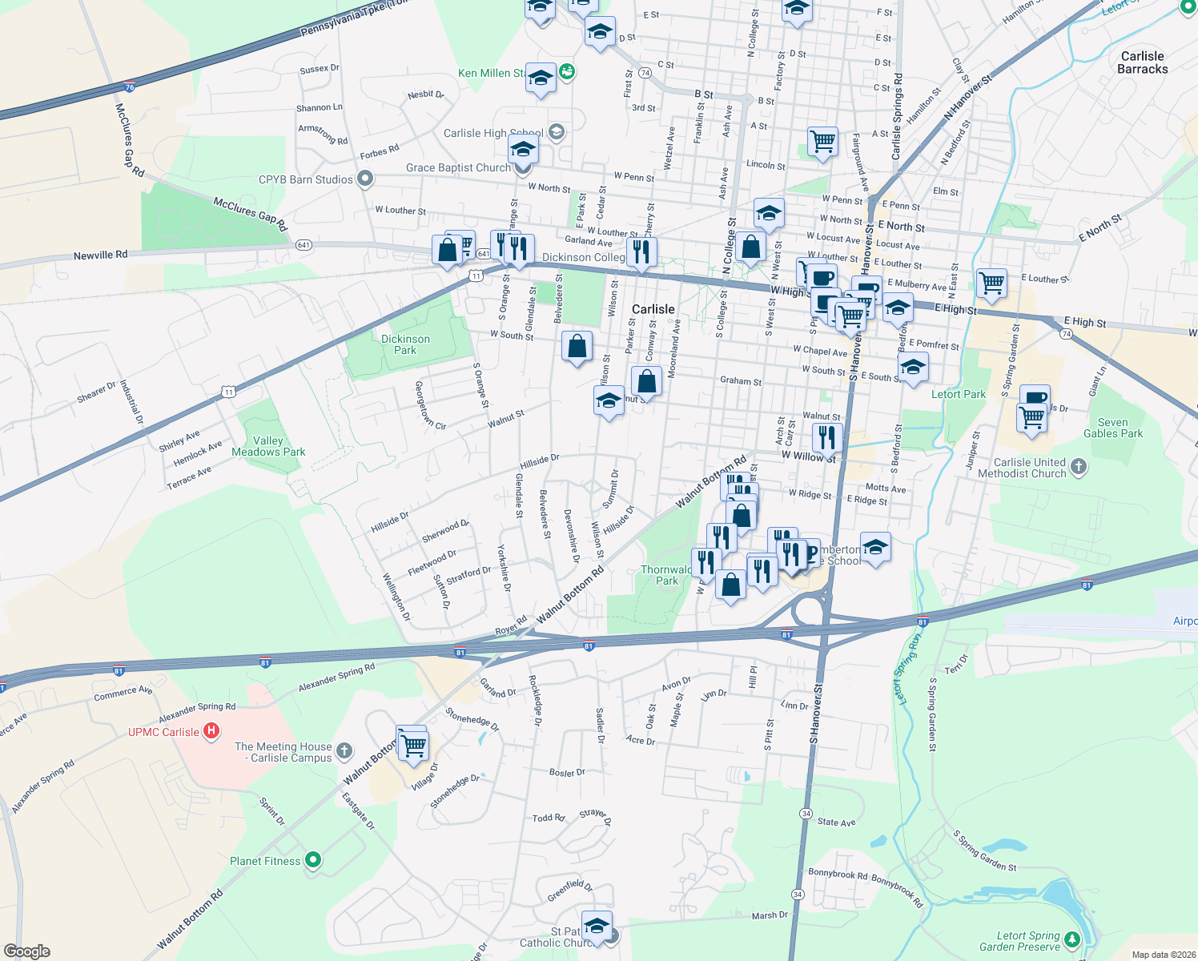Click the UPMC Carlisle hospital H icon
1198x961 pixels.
click(211, 730)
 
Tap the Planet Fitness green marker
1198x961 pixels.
click(313, 860)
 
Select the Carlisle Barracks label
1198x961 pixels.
click(1142, 62)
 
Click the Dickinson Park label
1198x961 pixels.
click(405, 344)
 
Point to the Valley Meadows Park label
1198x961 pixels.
click(268, 446)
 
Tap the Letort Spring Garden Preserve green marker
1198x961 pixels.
click(1072, 939)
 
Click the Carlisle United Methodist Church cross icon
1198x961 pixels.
click(1079, 466)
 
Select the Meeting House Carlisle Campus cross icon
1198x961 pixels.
click(344, 750)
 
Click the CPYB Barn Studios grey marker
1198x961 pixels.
click(365, 179)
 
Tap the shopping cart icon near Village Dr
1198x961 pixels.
click(413, 745)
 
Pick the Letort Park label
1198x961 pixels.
click(959, 394)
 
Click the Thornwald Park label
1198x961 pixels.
click(666, 575)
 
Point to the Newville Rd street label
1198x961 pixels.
click(100, 255)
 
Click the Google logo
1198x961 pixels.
click(27, 951)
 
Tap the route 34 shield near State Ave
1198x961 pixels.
click(806, 813)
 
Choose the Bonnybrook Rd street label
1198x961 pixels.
click(838, 875)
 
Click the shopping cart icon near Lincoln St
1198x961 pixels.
click(823, 142)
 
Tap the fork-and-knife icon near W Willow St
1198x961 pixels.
click(827, 437)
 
